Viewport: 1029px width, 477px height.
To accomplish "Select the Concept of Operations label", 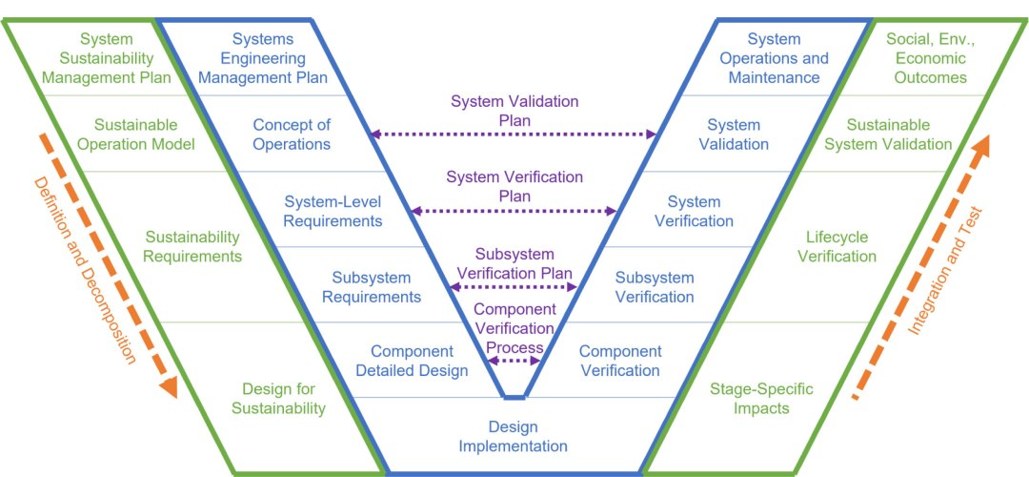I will [292, 135].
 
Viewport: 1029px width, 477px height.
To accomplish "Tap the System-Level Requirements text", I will [333, 211].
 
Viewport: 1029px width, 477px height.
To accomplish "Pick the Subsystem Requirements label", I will [372, 287].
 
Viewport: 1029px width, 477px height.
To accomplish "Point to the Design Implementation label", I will [514, 436].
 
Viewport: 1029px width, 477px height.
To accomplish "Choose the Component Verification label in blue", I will [619, 361].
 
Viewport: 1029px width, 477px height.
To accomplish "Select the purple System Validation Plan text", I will [514, 111].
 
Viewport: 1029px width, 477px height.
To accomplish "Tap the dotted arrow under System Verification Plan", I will [514, 211].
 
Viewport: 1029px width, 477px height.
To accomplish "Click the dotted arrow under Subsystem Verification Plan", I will [514, 286].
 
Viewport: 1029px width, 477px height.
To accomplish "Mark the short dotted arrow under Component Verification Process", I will [514, 361].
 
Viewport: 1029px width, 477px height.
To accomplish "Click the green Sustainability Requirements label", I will [192, 246].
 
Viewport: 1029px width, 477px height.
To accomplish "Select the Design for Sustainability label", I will [278, 399].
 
